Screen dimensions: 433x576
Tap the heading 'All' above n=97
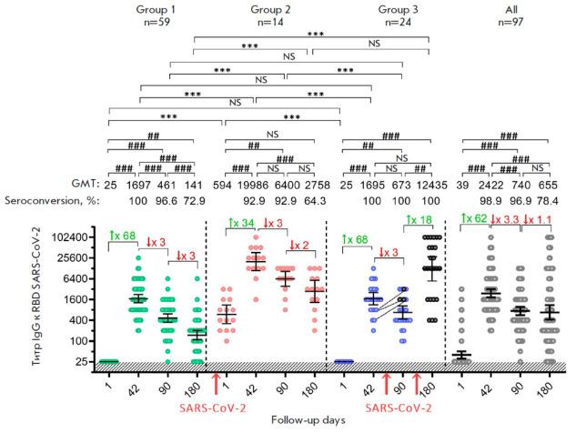pyautogui.click(x=508, y=8)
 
